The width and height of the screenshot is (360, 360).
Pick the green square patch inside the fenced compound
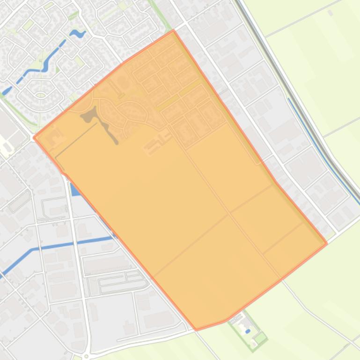point(260,337)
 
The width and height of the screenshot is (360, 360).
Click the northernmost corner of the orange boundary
point(173,30)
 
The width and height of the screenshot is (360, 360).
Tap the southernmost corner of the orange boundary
point(196,330)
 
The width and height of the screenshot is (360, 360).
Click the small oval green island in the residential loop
point(40,95)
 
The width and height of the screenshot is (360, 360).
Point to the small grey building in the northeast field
point(331,13)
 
